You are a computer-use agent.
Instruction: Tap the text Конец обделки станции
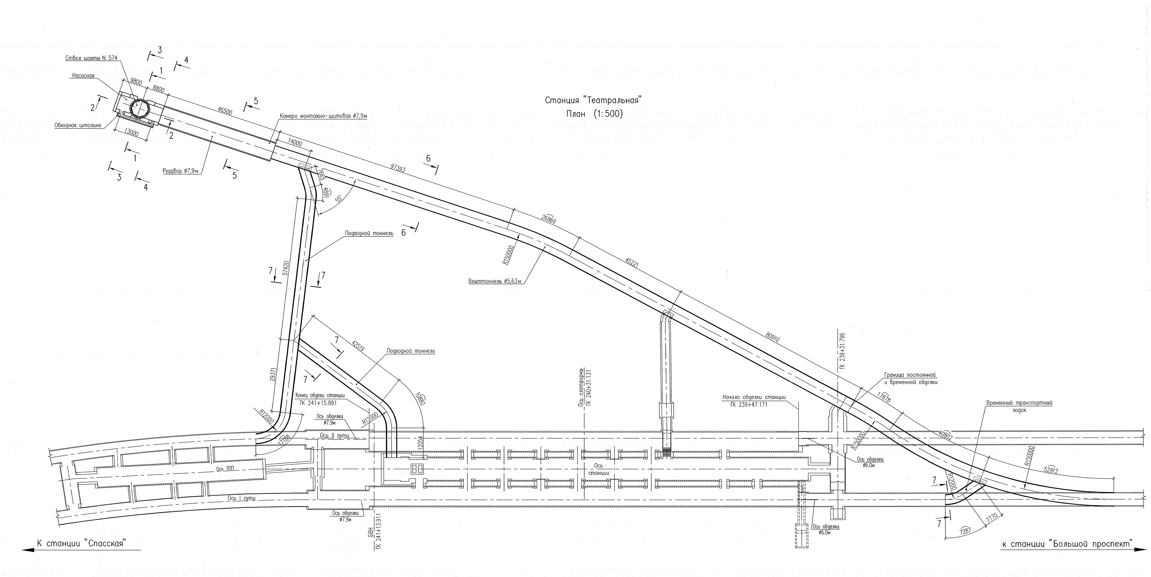point(320,396)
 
